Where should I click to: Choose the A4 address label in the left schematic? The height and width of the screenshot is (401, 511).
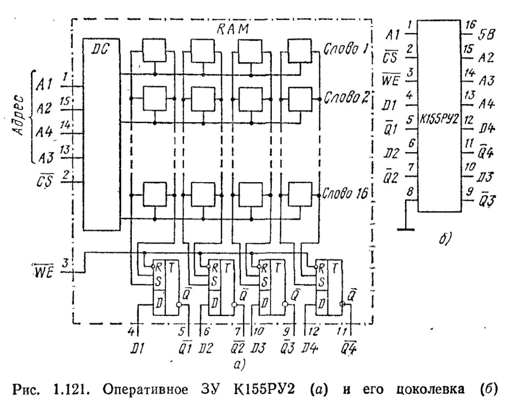pyautogui.click(x=44, y=131)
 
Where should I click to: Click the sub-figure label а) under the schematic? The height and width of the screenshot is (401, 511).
pyautogui.click(x=240, y=364)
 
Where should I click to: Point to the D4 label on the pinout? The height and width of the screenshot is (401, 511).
pyautogui.click(x=487, y=129)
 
